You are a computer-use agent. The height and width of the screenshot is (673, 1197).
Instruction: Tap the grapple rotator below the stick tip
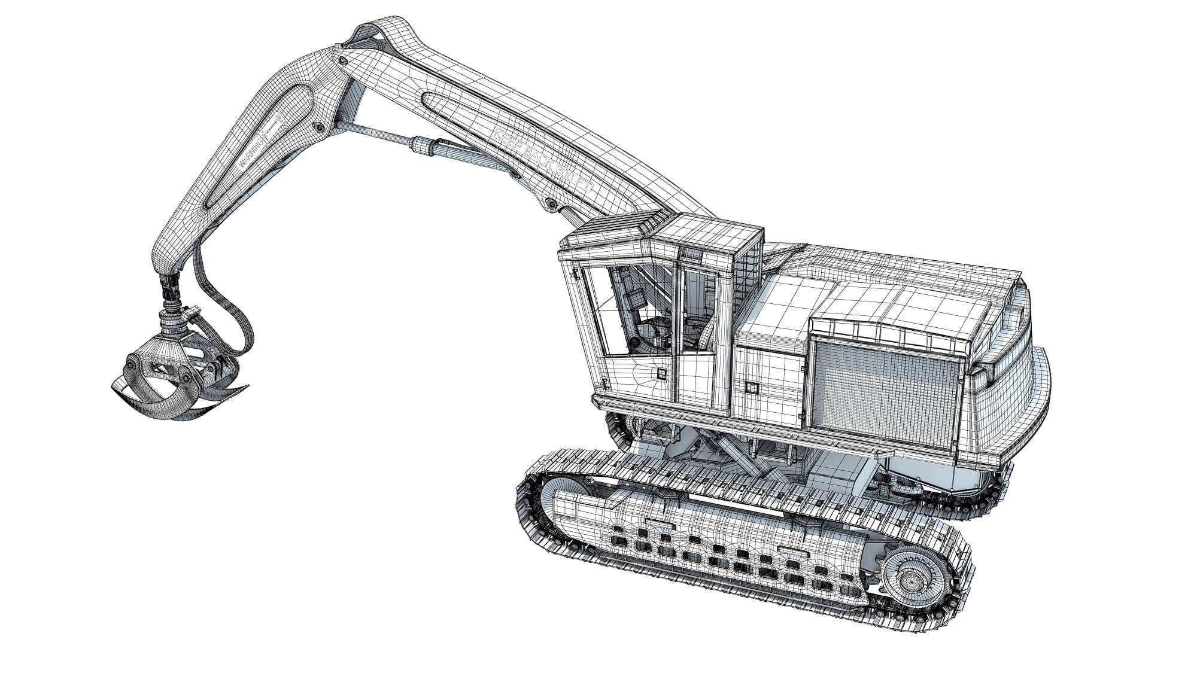coord(174,323)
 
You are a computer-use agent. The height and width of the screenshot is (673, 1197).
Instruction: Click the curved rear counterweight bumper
coord(1041,389)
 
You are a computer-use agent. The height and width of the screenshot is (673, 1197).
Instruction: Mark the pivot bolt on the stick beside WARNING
coord(320,127)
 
